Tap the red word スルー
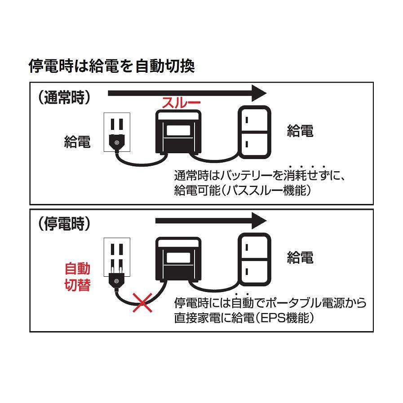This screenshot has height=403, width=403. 181,103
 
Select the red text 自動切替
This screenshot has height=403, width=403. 77,277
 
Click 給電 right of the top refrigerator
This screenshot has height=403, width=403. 300,131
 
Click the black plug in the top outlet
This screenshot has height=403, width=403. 117,142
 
